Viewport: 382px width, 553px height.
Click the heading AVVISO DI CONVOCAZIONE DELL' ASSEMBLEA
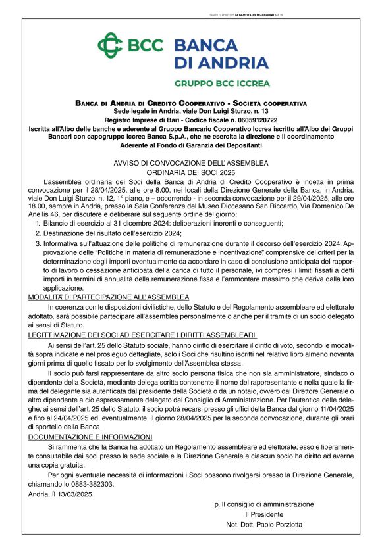(191, 163)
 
